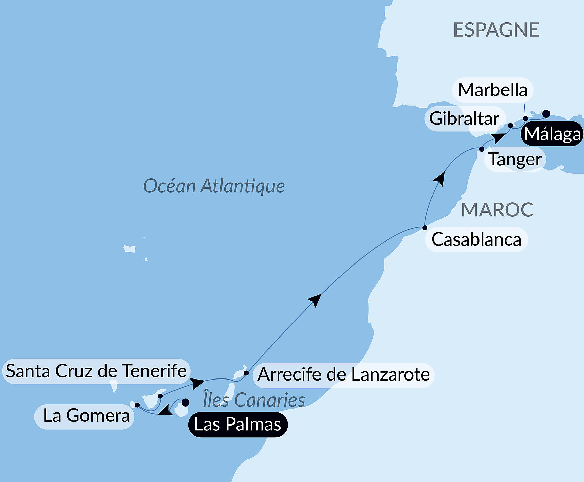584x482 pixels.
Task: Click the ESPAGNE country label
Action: coord(496,30)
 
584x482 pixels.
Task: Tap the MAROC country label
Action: coord(497,210)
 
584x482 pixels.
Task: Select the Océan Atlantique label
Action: coord(214,186)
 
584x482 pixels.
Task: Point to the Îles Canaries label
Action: coord(254,400)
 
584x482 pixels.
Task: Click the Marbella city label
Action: coord(493,90)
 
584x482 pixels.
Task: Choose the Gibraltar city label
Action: coord(465,119)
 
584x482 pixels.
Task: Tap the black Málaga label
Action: coord(553,134)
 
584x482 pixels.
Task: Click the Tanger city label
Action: coord(515,159)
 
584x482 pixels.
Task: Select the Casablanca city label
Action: coord(476,239)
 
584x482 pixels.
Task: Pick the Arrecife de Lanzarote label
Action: coord(344,375)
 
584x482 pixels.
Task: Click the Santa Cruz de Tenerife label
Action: coord(96,371)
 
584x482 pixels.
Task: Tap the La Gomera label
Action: coord(86,416)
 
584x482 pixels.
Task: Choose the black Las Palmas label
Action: coord(238,424)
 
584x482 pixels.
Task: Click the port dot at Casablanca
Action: coord(425,228)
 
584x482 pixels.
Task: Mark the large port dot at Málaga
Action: coord(546,114)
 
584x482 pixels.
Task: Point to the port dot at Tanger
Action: coord(482,149)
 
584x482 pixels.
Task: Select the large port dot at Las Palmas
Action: coord(186,403)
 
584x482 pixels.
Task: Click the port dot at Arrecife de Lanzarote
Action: coord(247,373)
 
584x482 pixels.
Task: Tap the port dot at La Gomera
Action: coord(137,405)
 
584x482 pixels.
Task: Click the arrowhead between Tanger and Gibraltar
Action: coord(498,138)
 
